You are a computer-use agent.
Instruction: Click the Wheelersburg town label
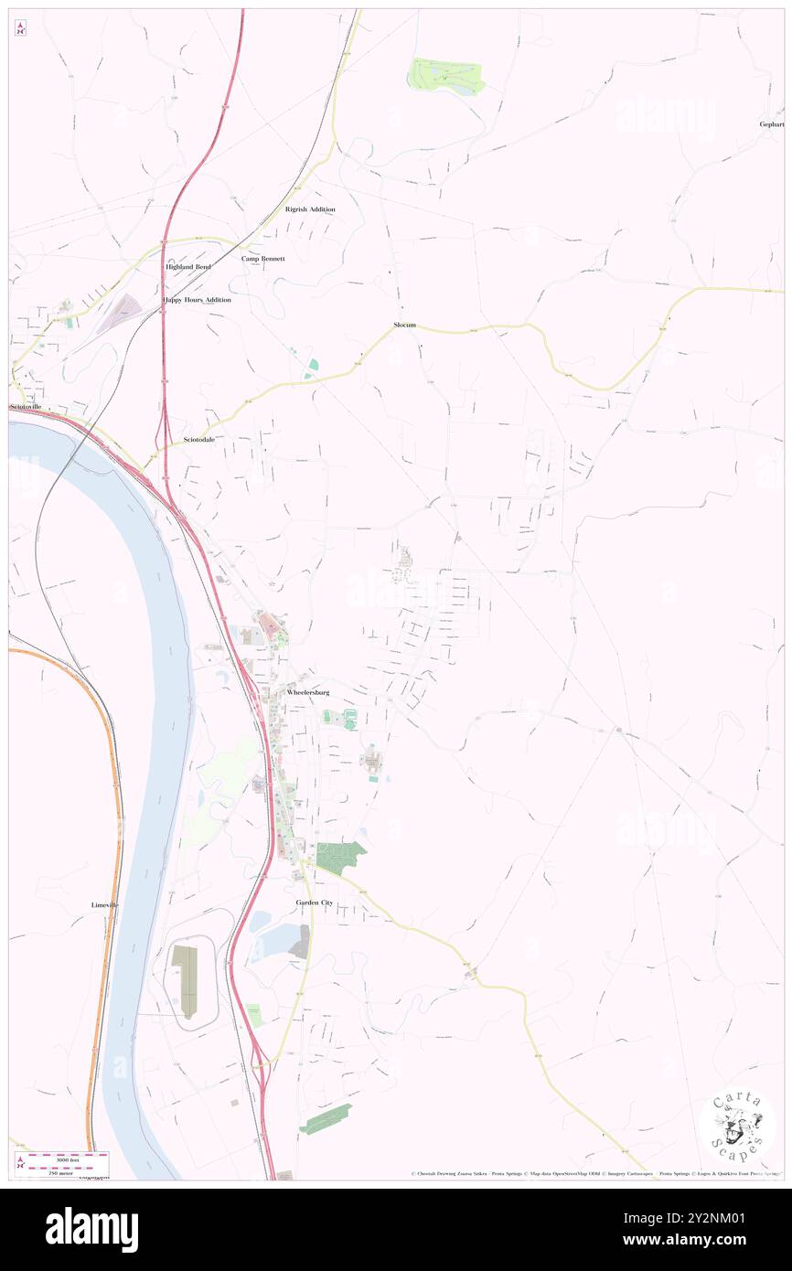(307, 693)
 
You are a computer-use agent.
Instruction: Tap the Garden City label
(314, 903)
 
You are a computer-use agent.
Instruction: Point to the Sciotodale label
(198, 440)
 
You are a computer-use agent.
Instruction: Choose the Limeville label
(105, 904)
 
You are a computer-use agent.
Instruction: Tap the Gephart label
(771, 123)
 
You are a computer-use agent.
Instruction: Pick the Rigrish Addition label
(310, 209)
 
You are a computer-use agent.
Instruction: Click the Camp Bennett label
(263, 259)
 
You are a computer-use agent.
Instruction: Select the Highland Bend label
(187, 266)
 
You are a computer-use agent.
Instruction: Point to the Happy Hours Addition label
(197, 299)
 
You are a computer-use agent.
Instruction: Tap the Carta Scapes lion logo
(739, 1125)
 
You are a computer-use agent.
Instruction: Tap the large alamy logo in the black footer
(91, 1228)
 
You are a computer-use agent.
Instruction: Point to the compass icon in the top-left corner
(20, 29)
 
